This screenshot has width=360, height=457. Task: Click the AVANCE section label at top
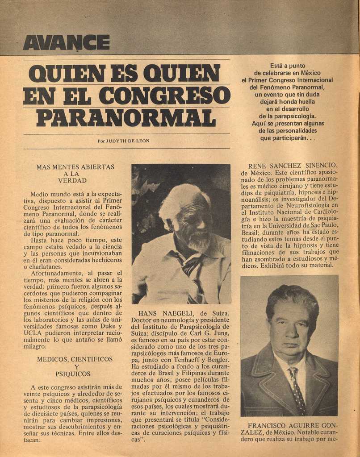coord(66,42)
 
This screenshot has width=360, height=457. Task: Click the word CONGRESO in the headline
coord(165,95)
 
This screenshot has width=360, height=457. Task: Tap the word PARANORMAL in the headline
coord(126,117)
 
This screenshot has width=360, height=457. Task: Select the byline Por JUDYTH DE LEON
coord(123,141)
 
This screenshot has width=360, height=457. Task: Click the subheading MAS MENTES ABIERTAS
coord(75,167)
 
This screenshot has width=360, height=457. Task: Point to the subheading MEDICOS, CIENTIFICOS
coord(75,359)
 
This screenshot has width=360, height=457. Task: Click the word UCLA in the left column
coord(33,332)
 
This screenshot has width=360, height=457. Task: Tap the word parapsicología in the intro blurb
coord(291,116)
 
